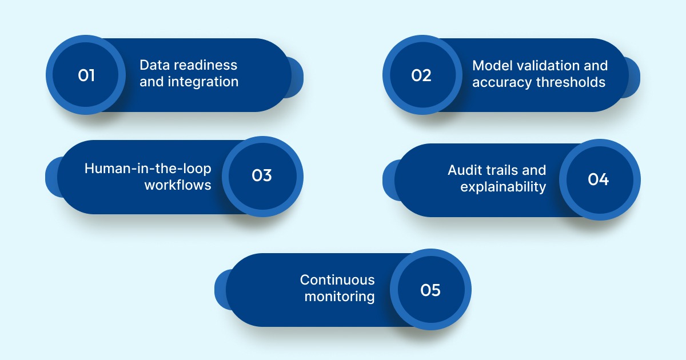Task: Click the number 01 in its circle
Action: (86, 75)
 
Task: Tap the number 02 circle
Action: (421, 75)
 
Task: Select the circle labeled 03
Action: (262, 176)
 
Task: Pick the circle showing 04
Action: (599, 179)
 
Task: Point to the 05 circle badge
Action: (430, 290)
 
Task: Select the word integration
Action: (203, 82)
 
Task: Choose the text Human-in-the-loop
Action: (148, 169)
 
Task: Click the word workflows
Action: (178, 185)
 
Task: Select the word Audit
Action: (465, 170)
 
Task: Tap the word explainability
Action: (503, 187)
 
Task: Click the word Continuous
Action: (337, 280)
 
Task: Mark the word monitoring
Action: (340, 297)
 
